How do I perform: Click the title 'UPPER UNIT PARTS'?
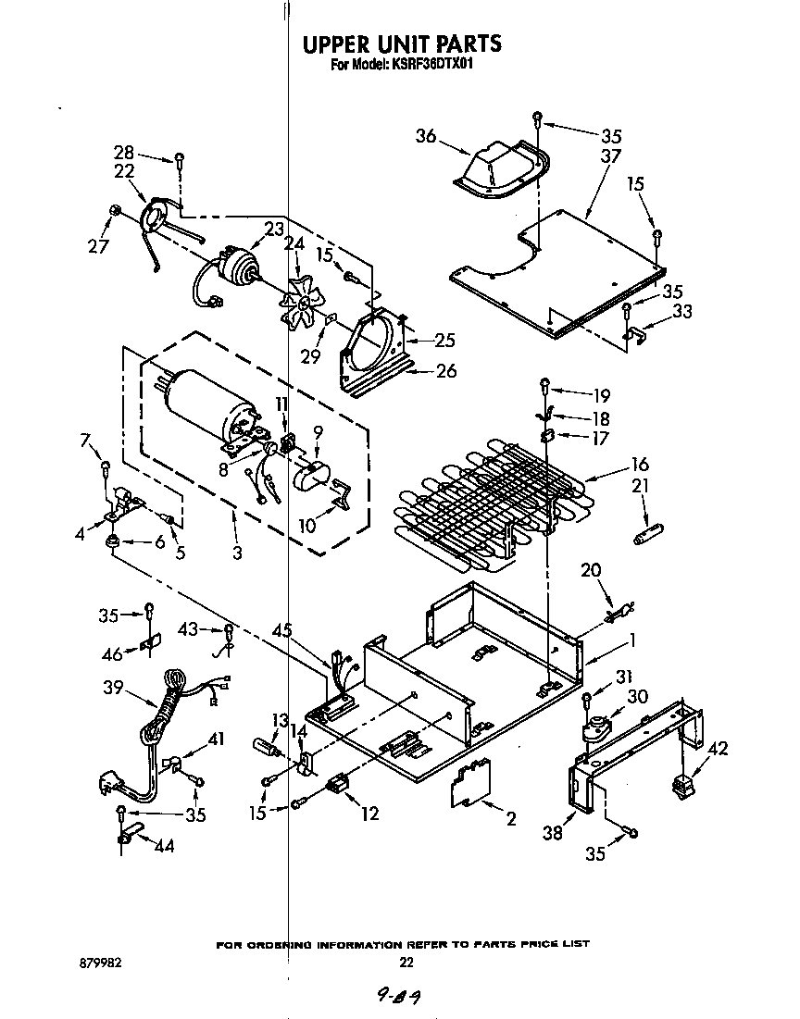pos(402,43)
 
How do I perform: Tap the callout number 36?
pos(425,136)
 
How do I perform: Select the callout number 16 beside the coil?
pos(640,465)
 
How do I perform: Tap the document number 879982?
pos(101,963)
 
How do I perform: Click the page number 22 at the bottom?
pos(406,963)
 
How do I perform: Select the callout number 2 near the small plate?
pos(510,818)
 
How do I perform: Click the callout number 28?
pos(124,153)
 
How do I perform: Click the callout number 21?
pos(640,486)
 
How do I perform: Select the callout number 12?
pos(370,814)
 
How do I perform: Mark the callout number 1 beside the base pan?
pos(632,640)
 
